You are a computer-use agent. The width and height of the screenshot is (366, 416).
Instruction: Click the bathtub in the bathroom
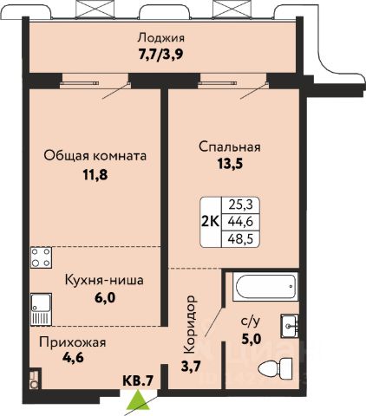(265, 287)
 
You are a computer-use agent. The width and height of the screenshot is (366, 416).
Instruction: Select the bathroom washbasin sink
(289, 326)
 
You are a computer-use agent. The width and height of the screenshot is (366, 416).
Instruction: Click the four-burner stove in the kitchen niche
(41, 257)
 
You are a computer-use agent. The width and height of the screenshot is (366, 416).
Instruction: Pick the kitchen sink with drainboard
(41, 309)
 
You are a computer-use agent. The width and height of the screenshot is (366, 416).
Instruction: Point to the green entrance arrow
(138, 400)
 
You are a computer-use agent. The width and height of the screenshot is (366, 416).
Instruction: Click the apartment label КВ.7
(138, 380)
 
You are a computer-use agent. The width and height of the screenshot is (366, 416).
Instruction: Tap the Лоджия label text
(161, 38)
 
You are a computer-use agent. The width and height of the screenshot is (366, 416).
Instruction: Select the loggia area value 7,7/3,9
(160, 55)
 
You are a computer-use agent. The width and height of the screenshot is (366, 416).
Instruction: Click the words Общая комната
(95, 156)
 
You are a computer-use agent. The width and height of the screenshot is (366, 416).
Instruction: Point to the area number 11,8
(95, 175)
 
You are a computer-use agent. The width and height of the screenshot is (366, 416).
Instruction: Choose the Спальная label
(230, 146)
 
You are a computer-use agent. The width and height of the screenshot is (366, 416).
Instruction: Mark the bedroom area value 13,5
(230, 164)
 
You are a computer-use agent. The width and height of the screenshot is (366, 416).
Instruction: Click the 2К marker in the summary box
(211, 222)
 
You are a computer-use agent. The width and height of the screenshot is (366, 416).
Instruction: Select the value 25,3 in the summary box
(240, 205)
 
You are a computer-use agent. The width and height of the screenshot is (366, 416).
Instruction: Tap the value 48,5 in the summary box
(240, 239)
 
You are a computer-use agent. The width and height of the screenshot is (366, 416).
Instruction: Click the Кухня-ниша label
(104, 280)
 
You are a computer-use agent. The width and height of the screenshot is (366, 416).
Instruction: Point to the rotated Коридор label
(191, 325)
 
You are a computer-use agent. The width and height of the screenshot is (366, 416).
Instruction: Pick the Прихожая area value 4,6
(73, 358)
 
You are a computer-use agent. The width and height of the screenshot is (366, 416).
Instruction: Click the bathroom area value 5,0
(252, 338)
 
